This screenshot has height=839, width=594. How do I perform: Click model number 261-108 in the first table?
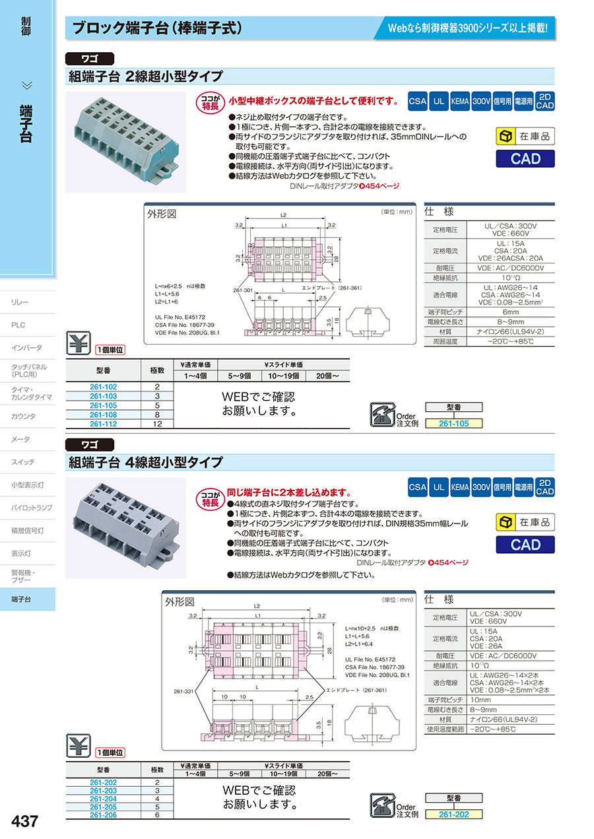click(x=103, y=415)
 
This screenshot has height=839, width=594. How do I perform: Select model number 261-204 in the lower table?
click(x=103, y=798)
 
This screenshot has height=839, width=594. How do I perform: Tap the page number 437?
click(x=25, y=821)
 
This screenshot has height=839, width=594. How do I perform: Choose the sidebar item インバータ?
click(x=26, y=348)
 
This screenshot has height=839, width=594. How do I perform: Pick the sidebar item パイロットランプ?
click(x=31, y=508)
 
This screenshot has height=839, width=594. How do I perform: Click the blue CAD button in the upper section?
click(x=525, y=158)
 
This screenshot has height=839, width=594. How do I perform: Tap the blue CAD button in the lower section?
click(x=525, y=545)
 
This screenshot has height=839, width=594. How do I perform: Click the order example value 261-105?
click(x=453, y=424)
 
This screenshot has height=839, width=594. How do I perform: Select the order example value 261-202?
click(x=453, y=815)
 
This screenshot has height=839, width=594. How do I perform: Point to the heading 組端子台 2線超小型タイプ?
click(x=146, y=77)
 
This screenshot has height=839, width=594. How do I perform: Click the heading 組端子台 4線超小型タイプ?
click(x=146, y=462)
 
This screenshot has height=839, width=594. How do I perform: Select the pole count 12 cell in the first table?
click(x=157, y=424)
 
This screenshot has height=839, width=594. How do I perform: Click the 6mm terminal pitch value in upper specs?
click(x=511, y=312)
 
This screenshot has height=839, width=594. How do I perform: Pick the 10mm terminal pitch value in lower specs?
click(x=480, y=699)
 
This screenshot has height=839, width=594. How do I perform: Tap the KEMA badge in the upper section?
click(x=460, y=102)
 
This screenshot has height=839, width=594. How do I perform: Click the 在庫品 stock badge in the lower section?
click(x=525, y=522)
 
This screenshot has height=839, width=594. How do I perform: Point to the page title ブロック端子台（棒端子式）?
click(x=158, y=29)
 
